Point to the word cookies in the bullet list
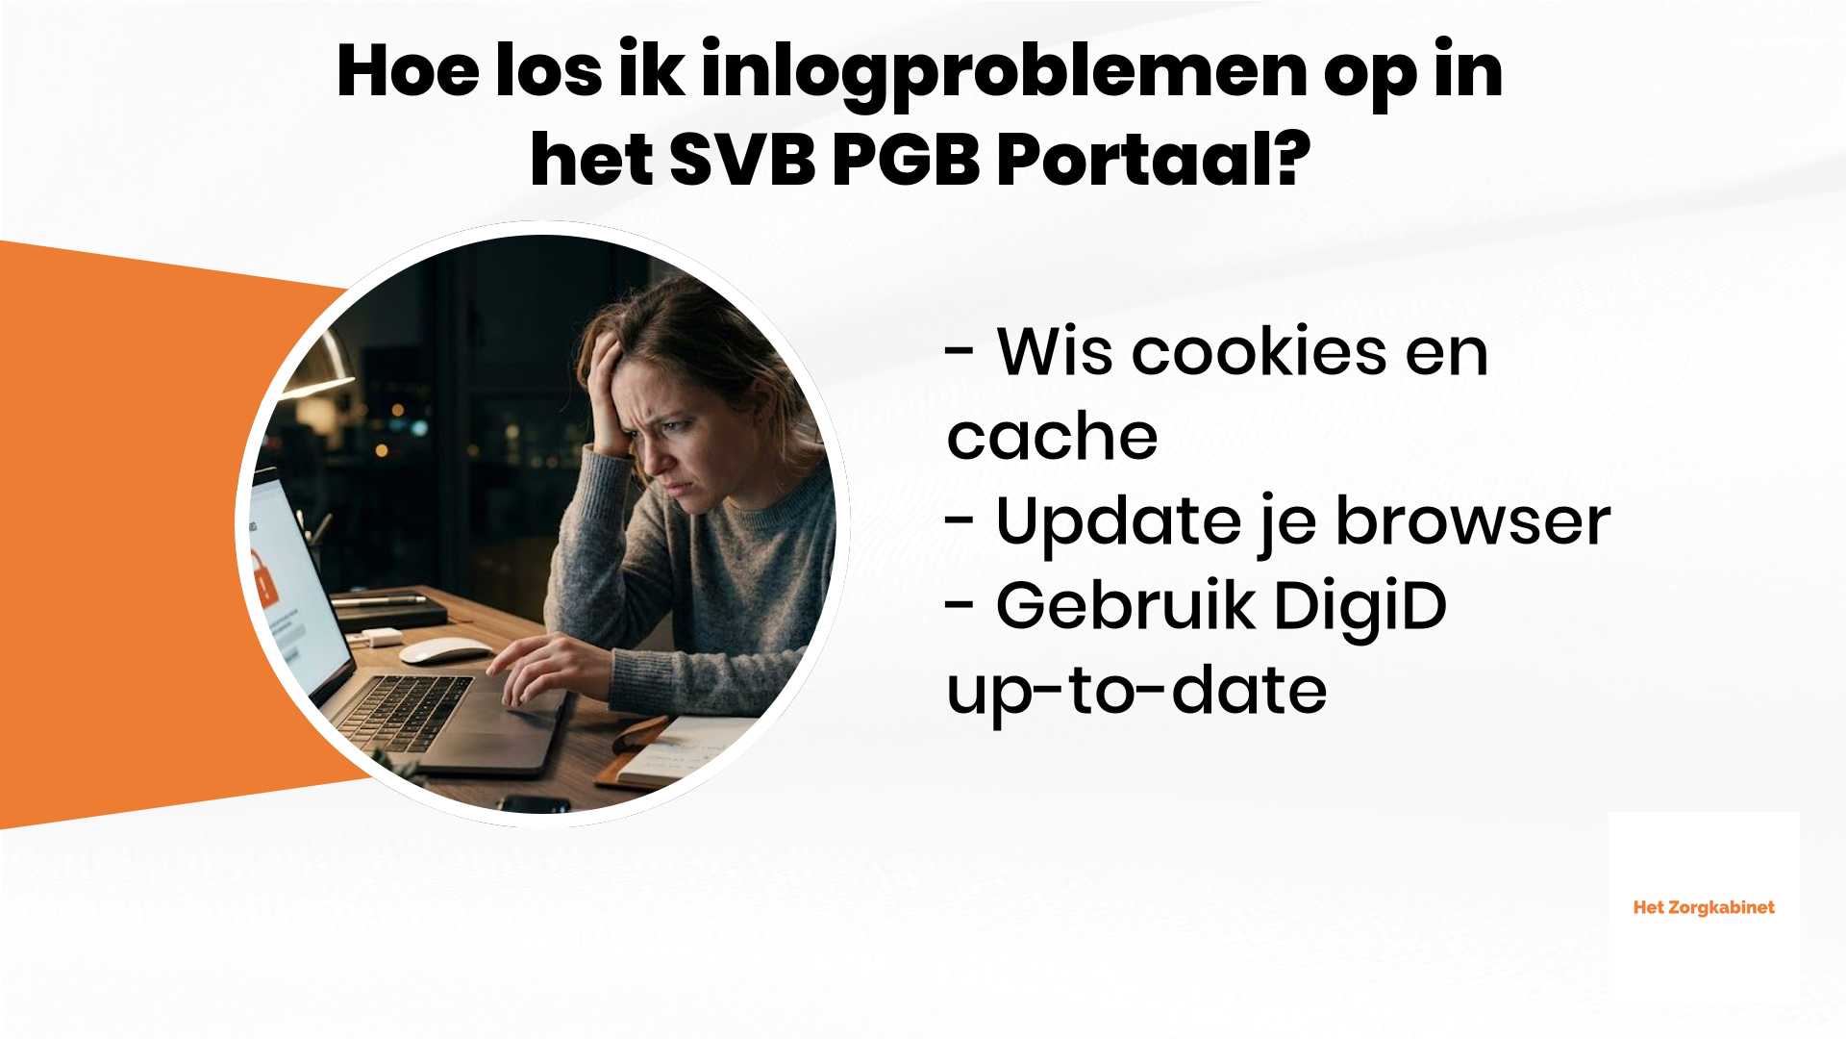pos(1259,352)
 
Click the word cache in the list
pos(1052,437)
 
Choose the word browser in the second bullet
pos(1472,521)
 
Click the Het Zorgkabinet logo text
pos(1704,907)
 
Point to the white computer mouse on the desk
pos(445,650)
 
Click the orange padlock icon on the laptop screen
pos(262,578)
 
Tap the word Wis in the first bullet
pos(1055,352)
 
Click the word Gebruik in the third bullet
pos(1125,606)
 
